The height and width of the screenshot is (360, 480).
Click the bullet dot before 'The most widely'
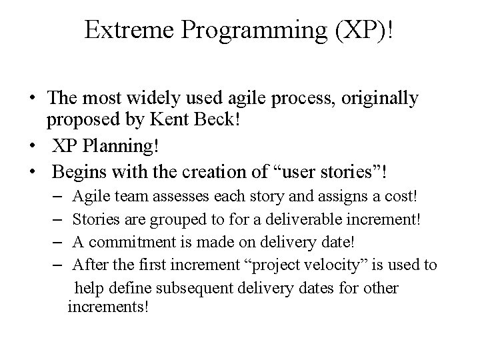point(32,99)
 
